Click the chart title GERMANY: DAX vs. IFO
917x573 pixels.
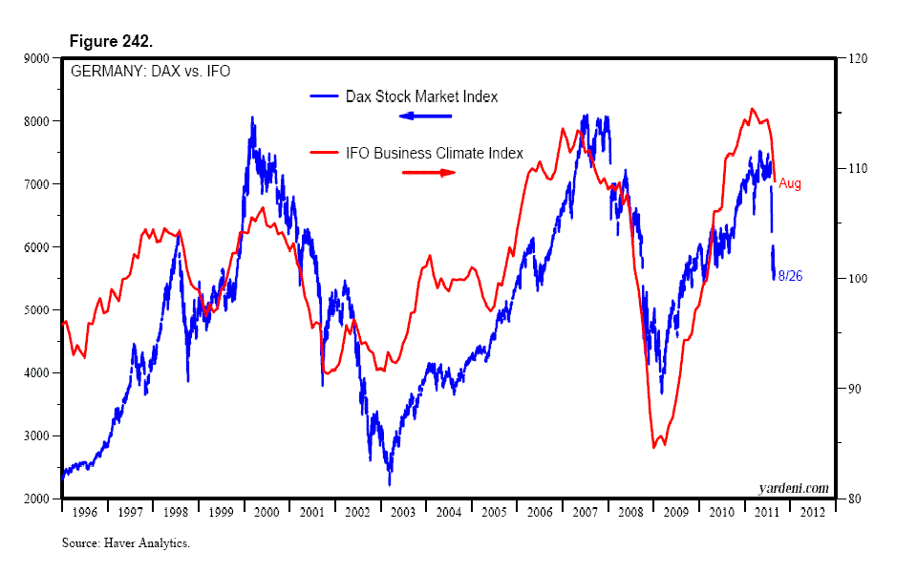[x=148, y=71]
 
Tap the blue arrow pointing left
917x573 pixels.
[x=425, y=117]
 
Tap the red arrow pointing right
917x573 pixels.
[x=429, y=173]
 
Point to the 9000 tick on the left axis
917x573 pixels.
[x=37, y=59]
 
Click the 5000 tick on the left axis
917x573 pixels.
[x=37, y=310]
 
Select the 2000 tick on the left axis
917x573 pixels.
[x=37, y=499]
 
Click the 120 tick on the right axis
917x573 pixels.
[x=853, y=59]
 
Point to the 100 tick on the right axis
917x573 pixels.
[x=853, y=279]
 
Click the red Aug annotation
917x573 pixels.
[x=790, y=184]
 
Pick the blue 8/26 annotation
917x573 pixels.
[x=790, y=277]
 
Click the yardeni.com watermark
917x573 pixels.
[x=793, y=488]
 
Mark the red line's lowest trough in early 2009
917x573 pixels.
[x=654, y=446]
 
